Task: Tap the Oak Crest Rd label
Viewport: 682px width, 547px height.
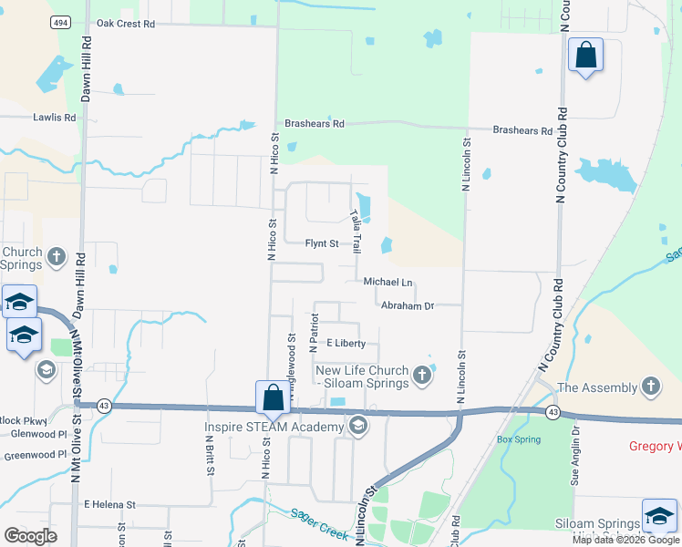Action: click(125, 24)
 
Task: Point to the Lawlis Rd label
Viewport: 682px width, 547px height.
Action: click(52, 117)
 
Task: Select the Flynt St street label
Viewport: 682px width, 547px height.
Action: click(322, 244)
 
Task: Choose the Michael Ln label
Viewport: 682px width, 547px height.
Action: click(388, 283)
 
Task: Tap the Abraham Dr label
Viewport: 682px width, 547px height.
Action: click(407, 306)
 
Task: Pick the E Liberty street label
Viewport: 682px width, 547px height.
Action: click(346, 344)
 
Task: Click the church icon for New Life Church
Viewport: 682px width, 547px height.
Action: click(421, 374)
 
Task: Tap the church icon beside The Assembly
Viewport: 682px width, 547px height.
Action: click(651, 387)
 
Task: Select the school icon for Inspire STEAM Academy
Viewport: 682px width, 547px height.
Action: click(358, 426)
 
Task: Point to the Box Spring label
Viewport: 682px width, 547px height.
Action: click(519, 439)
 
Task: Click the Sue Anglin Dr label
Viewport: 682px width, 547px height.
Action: click(575, 464)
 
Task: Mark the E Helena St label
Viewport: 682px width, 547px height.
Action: click(109, 504)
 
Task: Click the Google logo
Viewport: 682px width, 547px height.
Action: click(30, 536)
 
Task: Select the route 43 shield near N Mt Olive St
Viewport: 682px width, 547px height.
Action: click(106, 407)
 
